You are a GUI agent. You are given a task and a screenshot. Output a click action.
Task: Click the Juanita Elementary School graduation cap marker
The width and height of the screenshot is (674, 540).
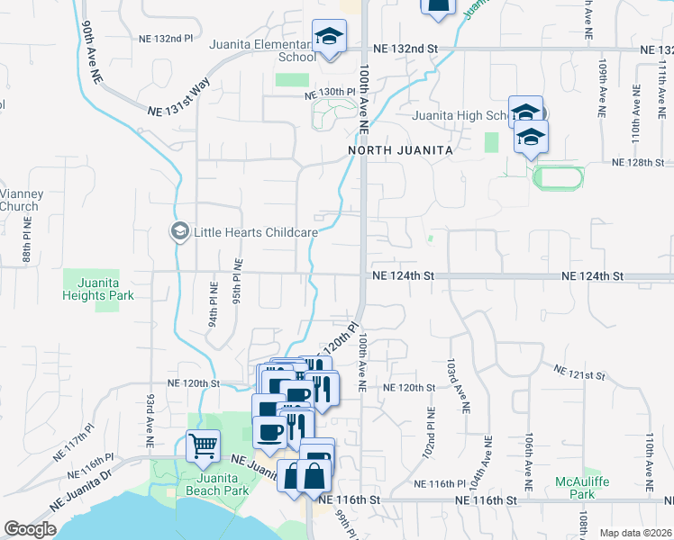329,38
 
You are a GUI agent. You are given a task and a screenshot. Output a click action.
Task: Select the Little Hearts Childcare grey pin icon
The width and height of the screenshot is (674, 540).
178,232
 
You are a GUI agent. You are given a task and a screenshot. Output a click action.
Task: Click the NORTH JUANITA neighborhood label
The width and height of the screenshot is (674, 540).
400,150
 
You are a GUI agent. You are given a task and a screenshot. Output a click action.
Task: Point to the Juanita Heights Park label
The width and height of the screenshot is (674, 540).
93,288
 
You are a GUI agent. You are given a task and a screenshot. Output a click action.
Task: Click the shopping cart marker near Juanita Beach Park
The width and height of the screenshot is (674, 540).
203,445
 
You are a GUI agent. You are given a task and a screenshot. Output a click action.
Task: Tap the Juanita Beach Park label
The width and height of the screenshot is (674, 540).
216,484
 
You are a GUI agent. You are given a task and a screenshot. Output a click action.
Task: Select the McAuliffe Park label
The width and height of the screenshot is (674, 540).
582,488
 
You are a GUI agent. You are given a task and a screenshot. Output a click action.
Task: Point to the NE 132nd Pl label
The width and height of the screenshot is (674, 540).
167,38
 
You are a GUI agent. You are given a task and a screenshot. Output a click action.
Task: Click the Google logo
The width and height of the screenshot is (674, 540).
30,529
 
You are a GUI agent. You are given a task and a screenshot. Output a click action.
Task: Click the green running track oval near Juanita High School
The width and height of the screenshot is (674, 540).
559,176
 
